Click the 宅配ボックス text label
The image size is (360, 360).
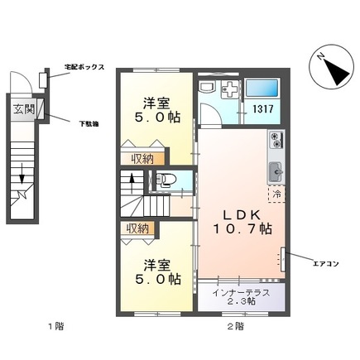click(x=84, y=69)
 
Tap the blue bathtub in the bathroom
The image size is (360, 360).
click(x=262, y=88)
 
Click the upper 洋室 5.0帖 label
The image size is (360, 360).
click(x=158, y=110)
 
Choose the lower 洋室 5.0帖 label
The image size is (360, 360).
click(x=158, y=272)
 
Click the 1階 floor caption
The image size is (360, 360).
click(x=54, y=328)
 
